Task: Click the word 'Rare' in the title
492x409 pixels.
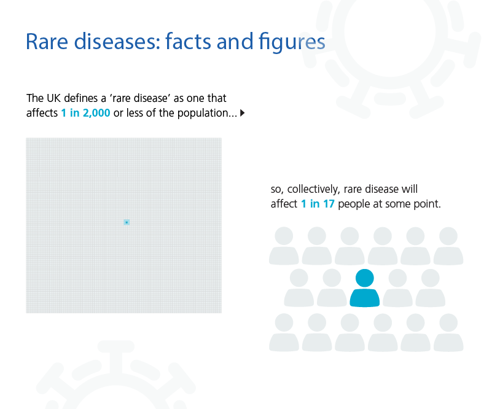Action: click(x=47, y=41)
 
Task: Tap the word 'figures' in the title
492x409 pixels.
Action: click(x=292, y=42)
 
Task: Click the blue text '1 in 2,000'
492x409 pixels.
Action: click(x=85, y=113)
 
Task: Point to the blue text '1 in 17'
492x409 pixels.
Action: click(x=318, y=204)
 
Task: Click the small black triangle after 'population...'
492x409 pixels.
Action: click(x=242, y=113)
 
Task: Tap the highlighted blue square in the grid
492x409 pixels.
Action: click(x=127, y=222)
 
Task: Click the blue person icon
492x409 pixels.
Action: click(x=365, y=287)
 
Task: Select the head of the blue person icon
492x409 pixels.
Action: click(x=365, y=278)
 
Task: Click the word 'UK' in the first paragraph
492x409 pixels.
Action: click(x=53, y=98)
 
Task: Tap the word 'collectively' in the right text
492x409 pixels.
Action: click(x=313, y=189)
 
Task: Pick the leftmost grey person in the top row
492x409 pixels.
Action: click(x=284, y=246)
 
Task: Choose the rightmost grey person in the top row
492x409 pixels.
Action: click(x=448, y=246)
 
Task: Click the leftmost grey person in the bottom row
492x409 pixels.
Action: click(x=284, y=332)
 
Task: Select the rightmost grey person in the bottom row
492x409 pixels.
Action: click(x=448, y=332)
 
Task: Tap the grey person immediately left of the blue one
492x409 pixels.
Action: click(x=332, y=287)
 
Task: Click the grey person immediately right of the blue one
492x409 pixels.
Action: click(x=397, y=287)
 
